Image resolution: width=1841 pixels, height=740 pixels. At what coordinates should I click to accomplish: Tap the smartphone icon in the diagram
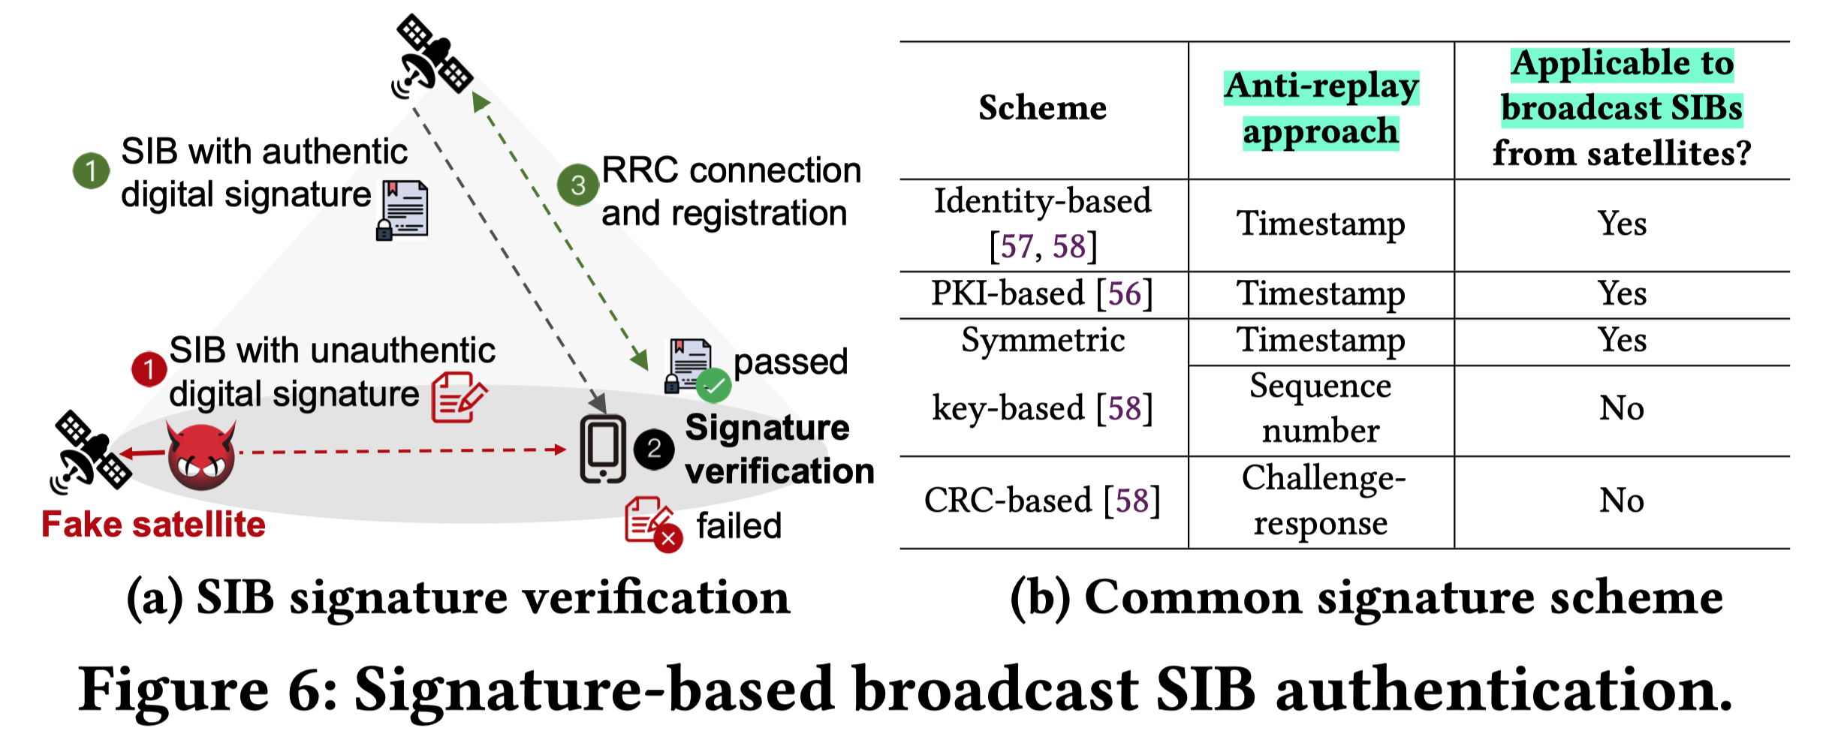[x=602, y=448]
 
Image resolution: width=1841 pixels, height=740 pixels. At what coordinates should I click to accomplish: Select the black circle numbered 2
[x=653, y=450]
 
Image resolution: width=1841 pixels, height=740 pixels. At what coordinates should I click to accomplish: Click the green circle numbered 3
[x=577, y=185]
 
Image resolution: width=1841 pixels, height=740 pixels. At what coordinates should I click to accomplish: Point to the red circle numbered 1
[x=149, y=369]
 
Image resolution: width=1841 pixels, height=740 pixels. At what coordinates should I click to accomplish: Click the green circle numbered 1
[x=91, y=170]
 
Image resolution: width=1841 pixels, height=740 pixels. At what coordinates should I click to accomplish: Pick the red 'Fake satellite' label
[x=153, y=524]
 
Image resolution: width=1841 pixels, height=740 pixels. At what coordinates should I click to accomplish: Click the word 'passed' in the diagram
[x=791, y=362]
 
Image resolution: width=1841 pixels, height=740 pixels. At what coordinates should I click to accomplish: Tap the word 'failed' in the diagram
[x=739, y=525]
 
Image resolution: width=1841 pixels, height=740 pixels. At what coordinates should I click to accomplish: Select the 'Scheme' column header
[x=1042, y=108]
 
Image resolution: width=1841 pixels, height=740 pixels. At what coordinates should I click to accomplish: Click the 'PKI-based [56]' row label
[x=1042, y=293]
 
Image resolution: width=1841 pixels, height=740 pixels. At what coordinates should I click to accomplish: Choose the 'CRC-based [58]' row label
[x=1042, y=501]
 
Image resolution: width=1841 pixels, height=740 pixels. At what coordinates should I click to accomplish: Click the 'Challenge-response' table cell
[x=1321, y=501]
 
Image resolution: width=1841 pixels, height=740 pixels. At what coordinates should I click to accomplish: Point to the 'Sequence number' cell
[x=1321, y=408]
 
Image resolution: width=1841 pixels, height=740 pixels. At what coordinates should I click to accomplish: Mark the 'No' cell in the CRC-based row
[x=1622, y=501]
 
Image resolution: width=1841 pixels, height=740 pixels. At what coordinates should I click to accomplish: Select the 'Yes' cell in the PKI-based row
[x=1622, y=293]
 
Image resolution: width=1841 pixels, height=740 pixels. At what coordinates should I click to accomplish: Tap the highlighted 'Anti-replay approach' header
[x=1321, y=108]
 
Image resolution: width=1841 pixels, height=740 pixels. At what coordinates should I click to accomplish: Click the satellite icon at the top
[x=432, y=57]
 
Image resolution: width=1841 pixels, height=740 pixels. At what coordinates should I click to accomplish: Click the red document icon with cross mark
[x=652, y=524]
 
